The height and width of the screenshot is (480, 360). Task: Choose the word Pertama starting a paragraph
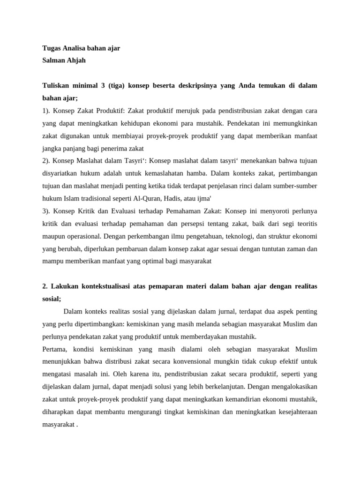(55, 349)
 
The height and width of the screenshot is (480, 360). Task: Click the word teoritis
(303, 224)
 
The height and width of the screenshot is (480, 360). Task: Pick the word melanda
(197, 324)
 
